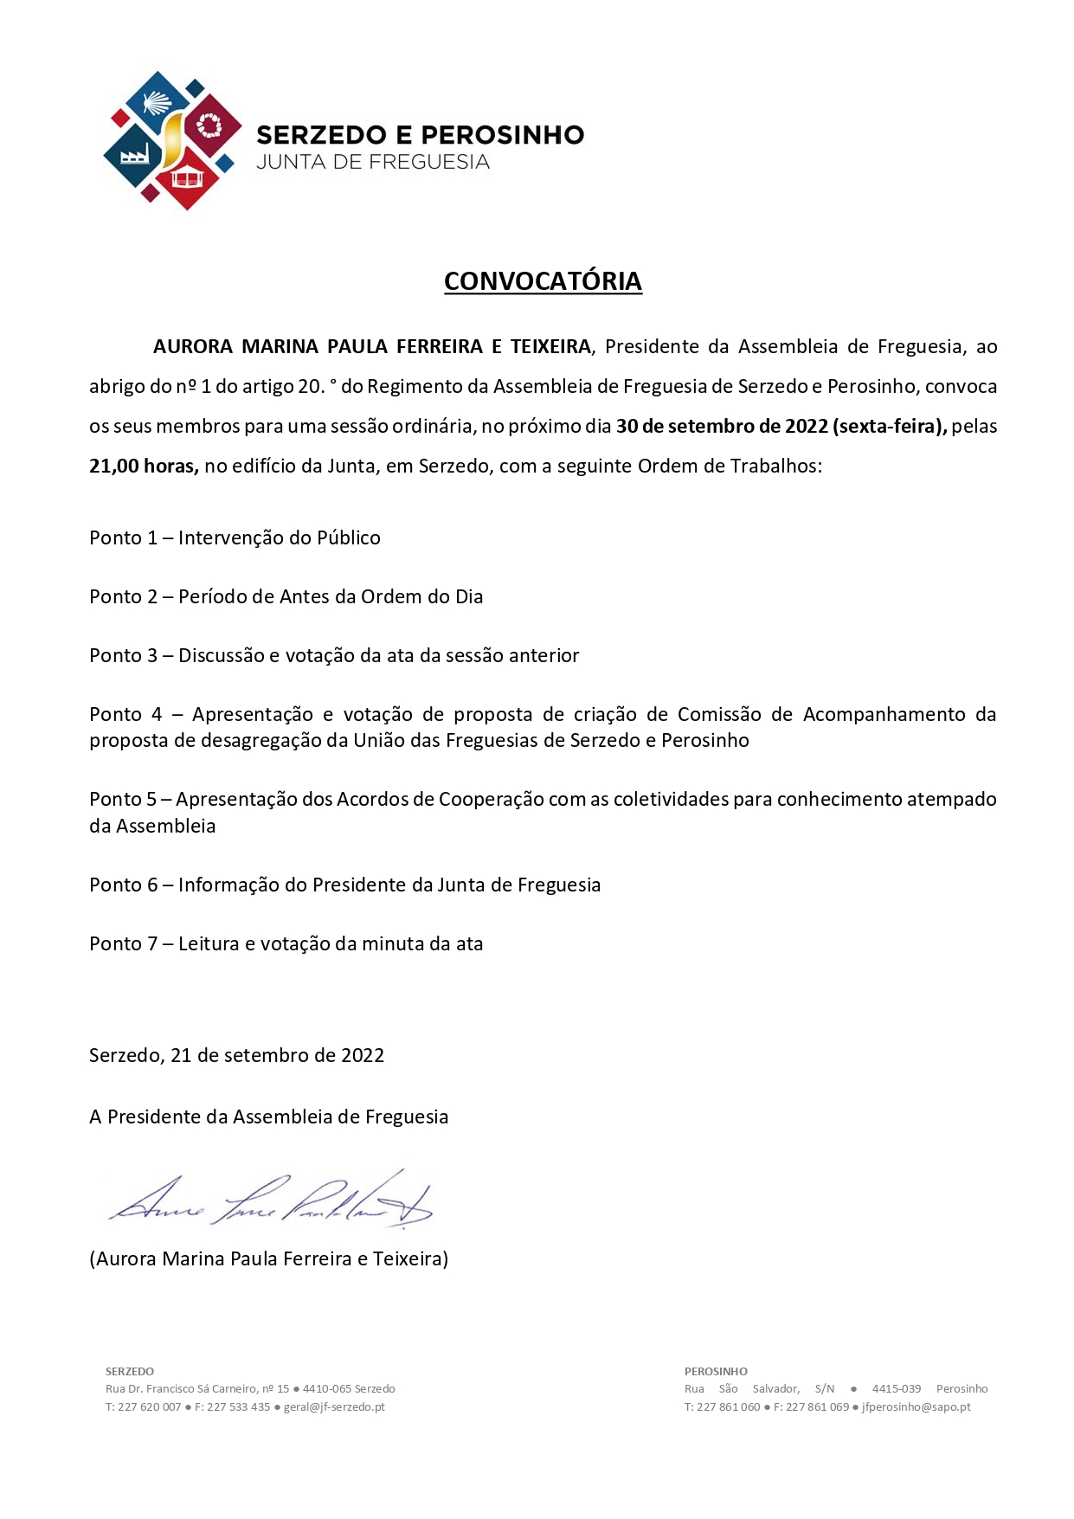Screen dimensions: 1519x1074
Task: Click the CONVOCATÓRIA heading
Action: coord(543,281)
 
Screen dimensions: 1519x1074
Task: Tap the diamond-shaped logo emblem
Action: coord(172,140)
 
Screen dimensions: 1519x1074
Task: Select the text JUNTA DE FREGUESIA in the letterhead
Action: coord(373,162)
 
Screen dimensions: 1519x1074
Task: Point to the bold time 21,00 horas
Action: coord(144,466)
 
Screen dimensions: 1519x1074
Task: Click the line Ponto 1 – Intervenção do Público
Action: coord(235,537)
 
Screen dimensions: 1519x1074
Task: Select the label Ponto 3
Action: coord(123,655)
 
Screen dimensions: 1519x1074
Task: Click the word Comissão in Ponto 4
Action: coord(719,714)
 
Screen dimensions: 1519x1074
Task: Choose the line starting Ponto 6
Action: coord(344,885)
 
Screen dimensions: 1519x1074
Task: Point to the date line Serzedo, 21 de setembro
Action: coord(236,1055)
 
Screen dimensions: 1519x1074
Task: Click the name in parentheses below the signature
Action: coord(268,1258)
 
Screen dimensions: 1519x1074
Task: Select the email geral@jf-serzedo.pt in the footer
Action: coord(334,1406)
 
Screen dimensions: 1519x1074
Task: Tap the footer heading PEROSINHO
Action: coord(716,1371)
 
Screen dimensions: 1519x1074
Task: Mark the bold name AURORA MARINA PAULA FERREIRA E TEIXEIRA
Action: coord(371,346)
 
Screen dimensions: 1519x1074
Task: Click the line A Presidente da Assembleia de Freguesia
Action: coord(268,1117)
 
